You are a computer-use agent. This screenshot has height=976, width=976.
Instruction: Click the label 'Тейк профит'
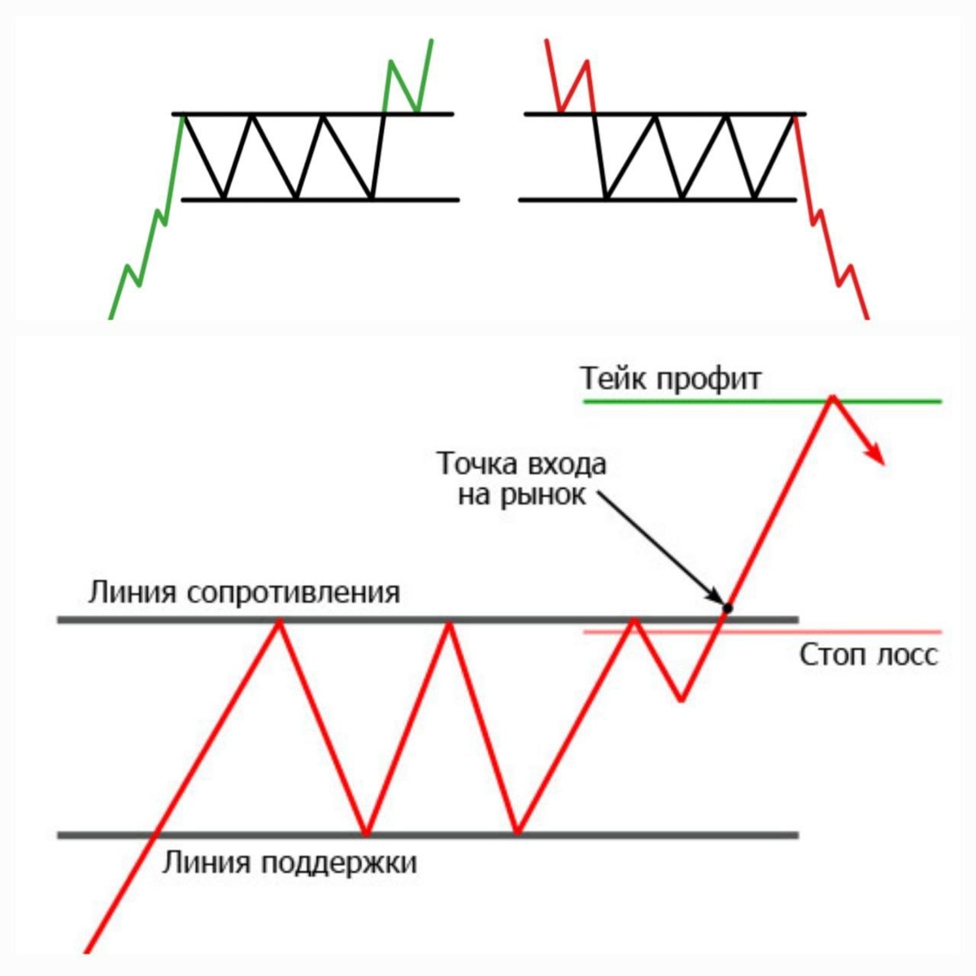coord(671,379)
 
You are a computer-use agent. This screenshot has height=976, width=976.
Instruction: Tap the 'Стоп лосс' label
coord(869,656)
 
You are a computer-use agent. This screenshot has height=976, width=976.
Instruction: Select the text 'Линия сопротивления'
coord(244,592)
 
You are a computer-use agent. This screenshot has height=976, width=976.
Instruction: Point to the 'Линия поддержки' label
coord(290,862)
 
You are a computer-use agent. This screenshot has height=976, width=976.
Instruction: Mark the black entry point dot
coord(728,608)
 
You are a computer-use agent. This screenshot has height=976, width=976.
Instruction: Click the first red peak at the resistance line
coord(280,621)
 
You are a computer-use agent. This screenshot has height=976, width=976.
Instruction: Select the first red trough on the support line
coord(367,833)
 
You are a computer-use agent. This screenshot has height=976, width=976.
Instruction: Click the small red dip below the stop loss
coord(682,699)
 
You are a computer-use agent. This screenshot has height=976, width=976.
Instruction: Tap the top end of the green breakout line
coord(431,39)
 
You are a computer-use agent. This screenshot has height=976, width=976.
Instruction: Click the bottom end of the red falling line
coord(867,317)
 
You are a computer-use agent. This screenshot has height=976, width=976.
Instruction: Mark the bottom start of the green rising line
coord(111,317)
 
